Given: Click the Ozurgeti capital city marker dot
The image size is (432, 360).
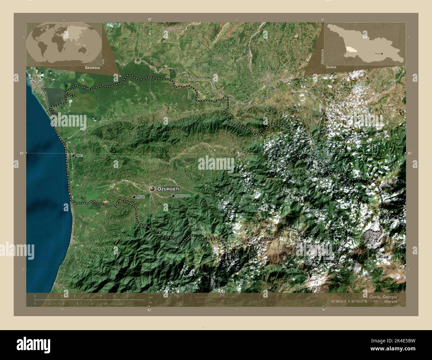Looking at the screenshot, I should point(153,189).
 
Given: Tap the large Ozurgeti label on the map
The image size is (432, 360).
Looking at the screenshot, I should point(168,189).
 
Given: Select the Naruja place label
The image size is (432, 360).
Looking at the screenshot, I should point(140,197).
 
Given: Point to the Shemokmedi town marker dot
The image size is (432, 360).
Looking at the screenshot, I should point(173,196).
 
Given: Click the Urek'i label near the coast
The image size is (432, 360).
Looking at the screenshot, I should point(79,155).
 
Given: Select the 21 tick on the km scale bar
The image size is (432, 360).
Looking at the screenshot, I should point(127,296).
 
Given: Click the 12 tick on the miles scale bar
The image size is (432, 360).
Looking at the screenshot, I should point(120,304).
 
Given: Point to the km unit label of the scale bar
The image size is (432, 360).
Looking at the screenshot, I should point(151,297).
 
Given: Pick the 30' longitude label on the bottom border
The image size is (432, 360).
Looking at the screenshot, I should point(323,310).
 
